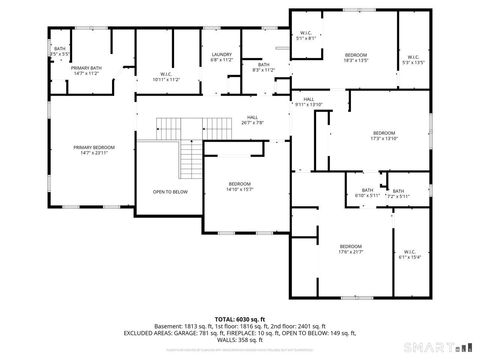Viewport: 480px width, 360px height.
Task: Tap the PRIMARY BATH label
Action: [x=88, y=70]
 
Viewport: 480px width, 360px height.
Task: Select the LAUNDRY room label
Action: [x=222, y=58]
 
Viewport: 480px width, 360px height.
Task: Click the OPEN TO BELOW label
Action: [x=170, y=191]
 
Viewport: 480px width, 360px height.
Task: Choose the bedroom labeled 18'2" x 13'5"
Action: [x=356, y=57]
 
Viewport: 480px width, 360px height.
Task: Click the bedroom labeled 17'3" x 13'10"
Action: [x=384, y=136]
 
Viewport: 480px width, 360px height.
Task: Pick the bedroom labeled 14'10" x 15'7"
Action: [x=239, y=186]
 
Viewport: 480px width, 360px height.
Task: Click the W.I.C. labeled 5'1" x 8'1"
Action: [x=306, y=36]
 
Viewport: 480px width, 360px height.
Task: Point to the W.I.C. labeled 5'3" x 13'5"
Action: [x=413, y=58]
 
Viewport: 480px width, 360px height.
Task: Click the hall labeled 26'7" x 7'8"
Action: [x=252, y=120]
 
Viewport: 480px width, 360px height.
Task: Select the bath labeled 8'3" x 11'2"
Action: [x=263, y=67]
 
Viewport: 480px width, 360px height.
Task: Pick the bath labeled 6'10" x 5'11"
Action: [x=367, y=192]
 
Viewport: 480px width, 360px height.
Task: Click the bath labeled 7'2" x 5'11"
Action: [x=398, y=193]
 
